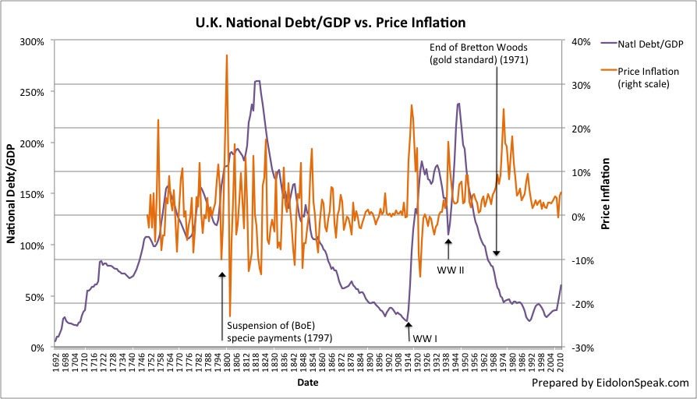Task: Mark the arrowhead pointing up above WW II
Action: pos(448,242)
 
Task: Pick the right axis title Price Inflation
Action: pos(605,194)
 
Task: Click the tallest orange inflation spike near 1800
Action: pos(226,55)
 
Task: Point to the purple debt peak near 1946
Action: pos(459,103)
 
